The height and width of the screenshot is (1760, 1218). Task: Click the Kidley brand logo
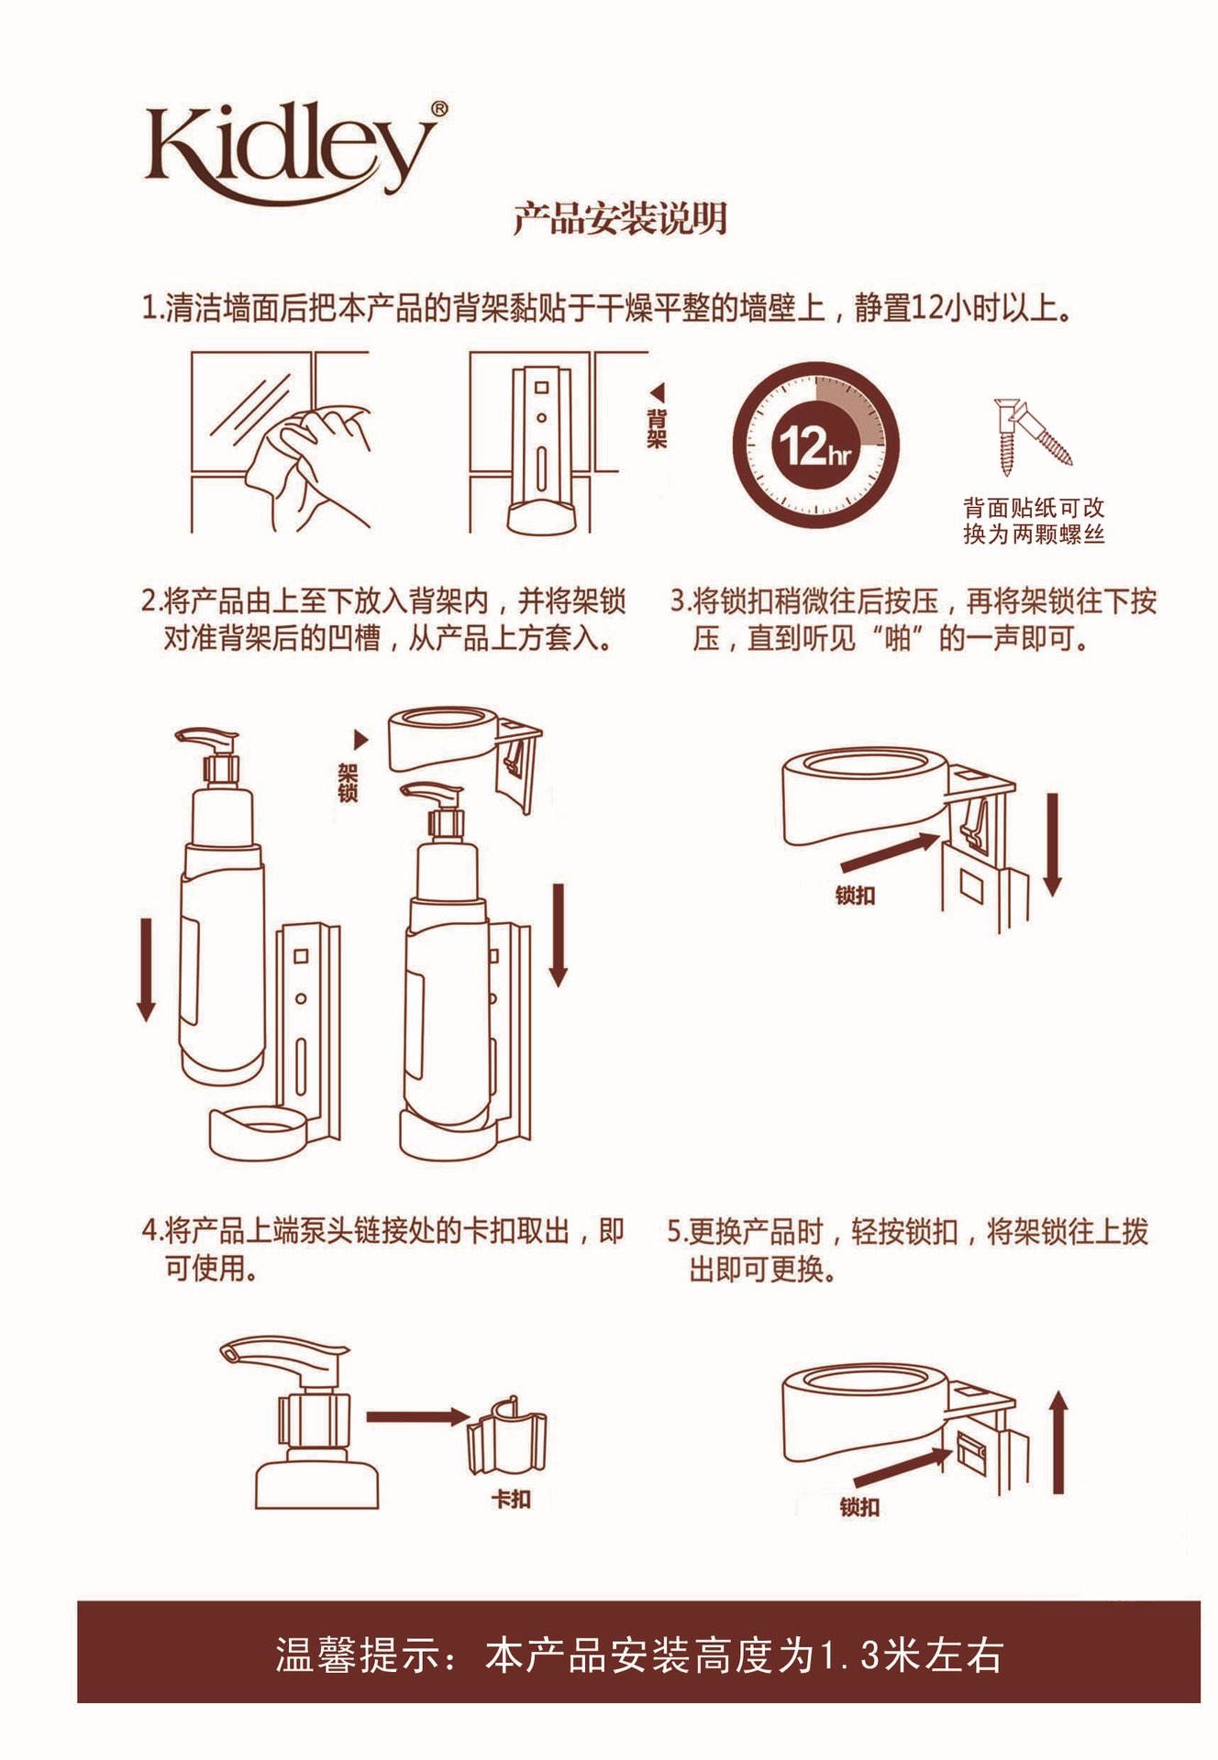292,151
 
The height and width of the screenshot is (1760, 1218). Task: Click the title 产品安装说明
620,219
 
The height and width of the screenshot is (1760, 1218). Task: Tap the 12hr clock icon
815,446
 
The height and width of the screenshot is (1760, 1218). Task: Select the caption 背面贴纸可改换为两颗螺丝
1034,521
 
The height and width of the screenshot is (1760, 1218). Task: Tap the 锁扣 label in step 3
855,896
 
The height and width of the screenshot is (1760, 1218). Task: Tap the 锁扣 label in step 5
859,1507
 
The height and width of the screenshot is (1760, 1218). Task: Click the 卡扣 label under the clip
511,1499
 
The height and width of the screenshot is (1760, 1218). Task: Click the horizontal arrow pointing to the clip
417,1417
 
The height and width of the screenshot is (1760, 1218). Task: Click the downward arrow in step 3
1052,843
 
